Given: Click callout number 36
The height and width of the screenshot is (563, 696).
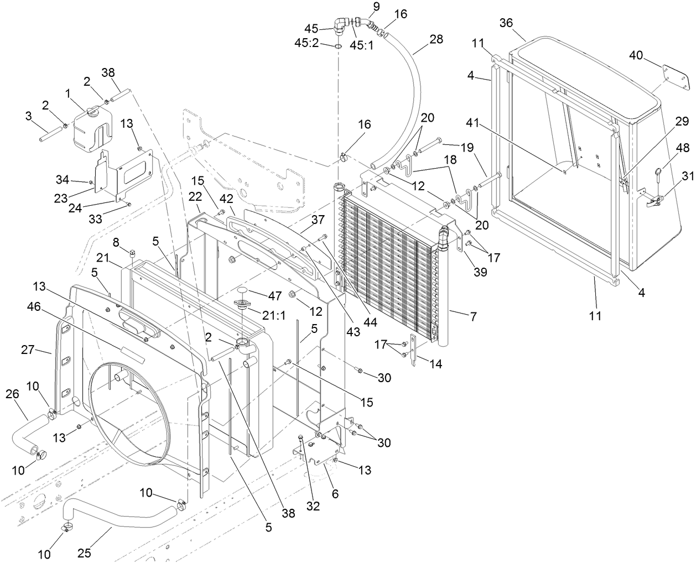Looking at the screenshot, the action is (x=506, y=23).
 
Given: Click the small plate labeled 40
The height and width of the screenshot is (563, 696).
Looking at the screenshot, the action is (x=676, y=78).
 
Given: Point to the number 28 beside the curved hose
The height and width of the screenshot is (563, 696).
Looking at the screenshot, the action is (x=436, y=39).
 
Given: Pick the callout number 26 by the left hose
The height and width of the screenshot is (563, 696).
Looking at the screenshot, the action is (x=12, y=394).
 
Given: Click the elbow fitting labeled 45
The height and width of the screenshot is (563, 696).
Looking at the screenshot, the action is (x=342, y=24).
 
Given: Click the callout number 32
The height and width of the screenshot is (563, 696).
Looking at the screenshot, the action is (x=313, y=507).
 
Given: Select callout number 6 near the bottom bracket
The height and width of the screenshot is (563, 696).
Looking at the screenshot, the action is (x=335, y=494).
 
